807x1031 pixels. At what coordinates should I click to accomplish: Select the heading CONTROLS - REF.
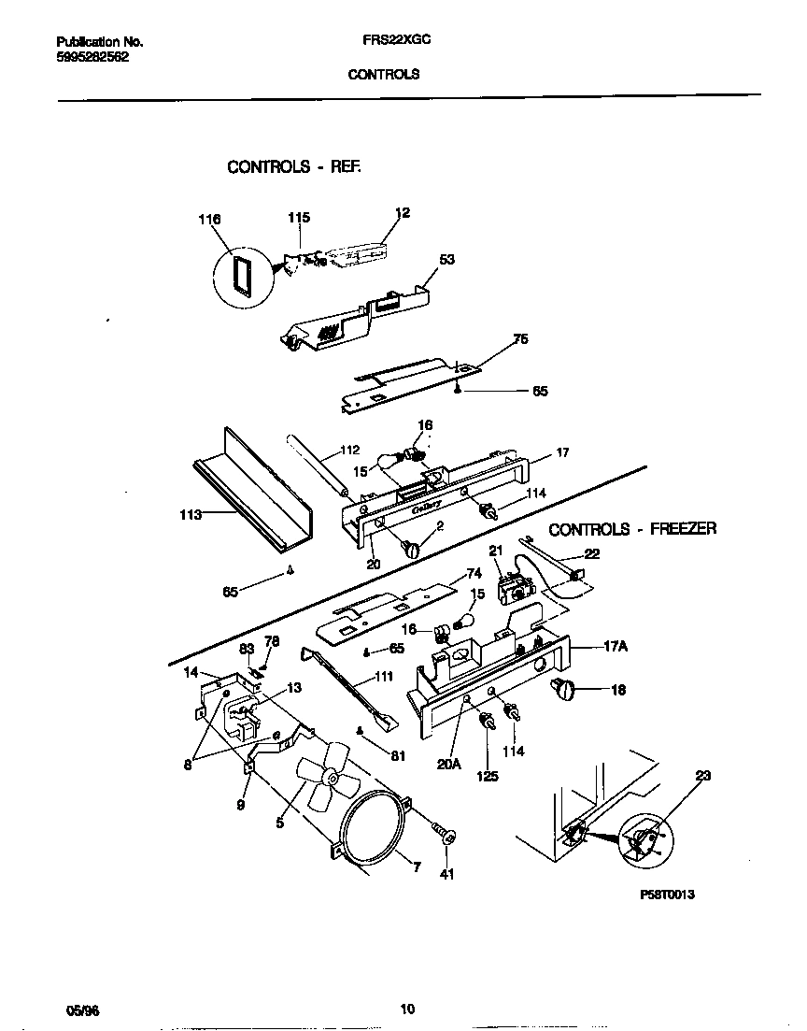pyautogui.click(x=293, y=167)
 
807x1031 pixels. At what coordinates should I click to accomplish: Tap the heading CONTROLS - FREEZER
pyautogui.click(x=631, y=529)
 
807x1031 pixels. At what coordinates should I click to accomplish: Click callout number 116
pyautogui.click(x=209, y=220)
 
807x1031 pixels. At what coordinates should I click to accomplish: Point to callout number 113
pyautogui.click(x=190, y=514)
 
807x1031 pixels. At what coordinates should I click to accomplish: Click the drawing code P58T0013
pyautogui.click(x=667, y=894)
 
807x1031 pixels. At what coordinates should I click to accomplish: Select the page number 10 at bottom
pyautogui.click(x=407, y=1009)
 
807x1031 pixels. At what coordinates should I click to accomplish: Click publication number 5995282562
pyautogui.click(x=92, y=56)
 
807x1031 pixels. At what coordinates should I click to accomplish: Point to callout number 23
pyautogui.click(x=703, y=775)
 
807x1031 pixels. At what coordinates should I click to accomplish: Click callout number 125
pyautogui.click(x=488, y=776)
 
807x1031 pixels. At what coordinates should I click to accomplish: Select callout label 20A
pyautogui.click(x=449, y=764)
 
